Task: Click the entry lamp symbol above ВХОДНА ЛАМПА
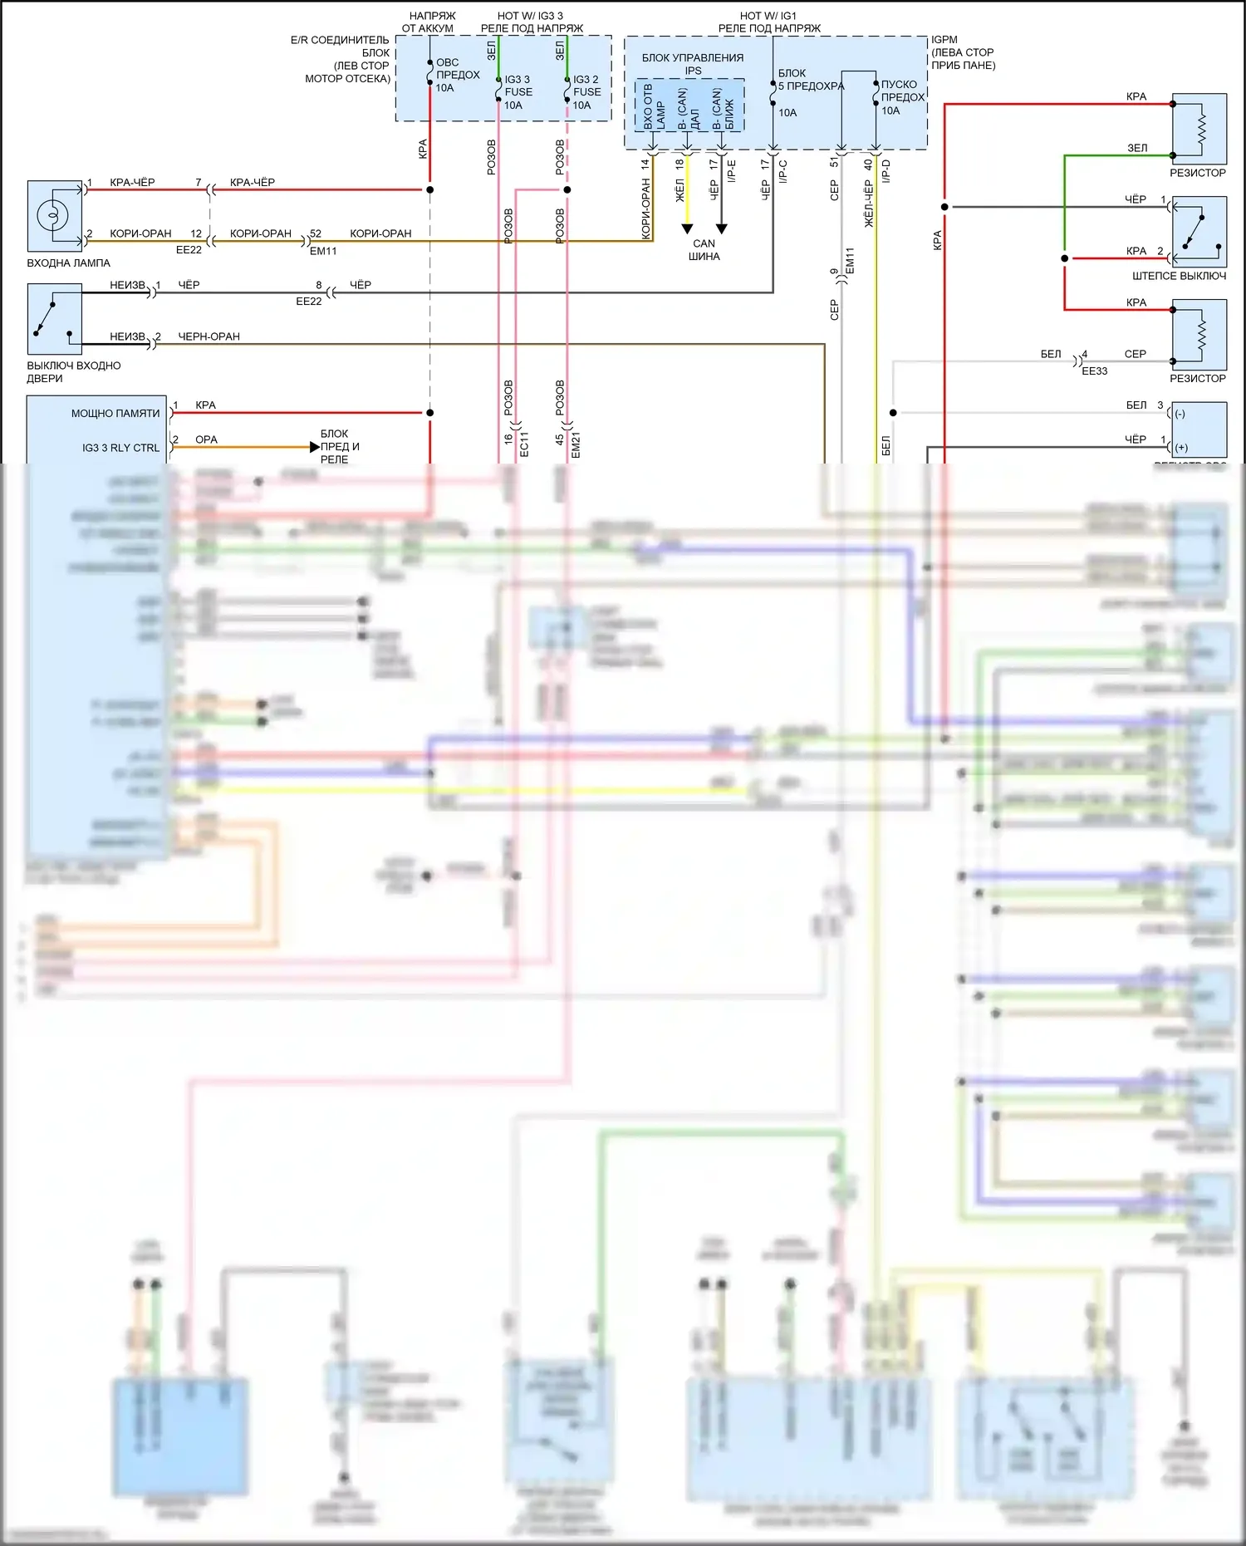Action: point(52,216)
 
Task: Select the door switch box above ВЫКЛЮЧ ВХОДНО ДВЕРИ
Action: point(54,320)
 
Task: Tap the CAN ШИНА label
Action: point(704,250)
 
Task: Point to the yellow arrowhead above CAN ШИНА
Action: point(687,228)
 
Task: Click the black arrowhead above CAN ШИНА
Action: point(721,228)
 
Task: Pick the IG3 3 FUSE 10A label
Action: point(518,92)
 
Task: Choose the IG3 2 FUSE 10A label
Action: point(586,92)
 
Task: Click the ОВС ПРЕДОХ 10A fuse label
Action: point(457,75)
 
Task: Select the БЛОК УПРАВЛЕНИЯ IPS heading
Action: point(693,64)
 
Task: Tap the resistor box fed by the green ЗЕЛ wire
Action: point(1199,129)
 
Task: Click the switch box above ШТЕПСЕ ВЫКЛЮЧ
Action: point(1199,232)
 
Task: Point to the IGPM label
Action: point(944,40)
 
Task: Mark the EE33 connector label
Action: point(1094,371)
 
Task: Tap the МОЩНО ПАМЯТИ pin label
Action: point(115,413)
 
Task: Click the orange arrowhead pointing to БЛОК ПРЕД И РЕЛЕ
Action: point(314,447)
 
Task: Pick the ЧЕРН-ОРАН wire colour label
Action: point(208,336)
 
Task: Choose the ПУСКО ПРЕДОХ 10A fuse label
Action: point(902,97)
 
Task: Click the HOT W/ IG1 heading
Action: point(768,16)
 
